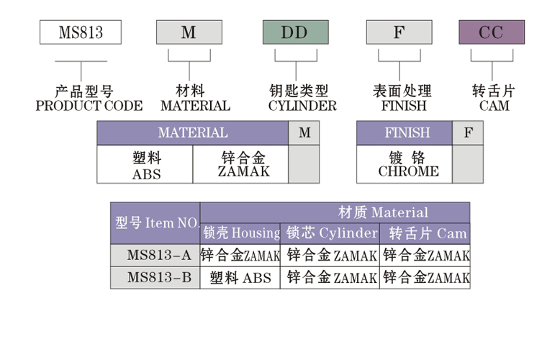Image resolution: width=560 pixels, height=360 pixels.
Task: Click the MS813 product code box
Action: coord(80,32)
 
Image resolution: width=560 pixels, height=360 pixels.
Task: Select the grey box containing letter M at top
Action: coord(189,32)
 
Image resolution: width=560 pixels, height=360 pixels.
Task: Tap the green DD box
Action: coord(295,32)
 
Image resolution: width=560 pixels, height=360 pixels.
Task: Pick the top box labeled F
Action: coord(399,32)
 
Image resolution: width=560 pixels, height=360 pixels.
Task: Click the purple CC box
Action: coord(492,32)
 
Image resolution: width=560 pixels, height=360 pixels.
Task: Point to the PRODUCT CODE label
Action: coord(89,106)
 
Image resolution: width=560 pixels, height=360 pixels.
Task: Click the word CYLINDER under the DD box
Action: coord(302,106)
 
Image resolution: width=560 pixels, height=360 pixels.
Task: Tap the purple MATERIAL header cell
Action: coord(192,133)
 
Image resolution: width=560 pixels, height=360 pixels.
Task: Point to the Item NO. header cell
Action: coord(156,223)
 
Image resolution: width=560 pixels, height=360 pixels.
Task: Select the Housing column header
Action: coord(240,233)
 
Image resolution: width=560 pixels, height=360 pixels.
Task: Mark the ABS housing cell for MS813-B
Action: coord(240,278)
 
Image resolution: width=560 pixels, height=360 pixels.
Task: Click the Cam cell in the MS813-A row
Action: coord(425,256)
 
